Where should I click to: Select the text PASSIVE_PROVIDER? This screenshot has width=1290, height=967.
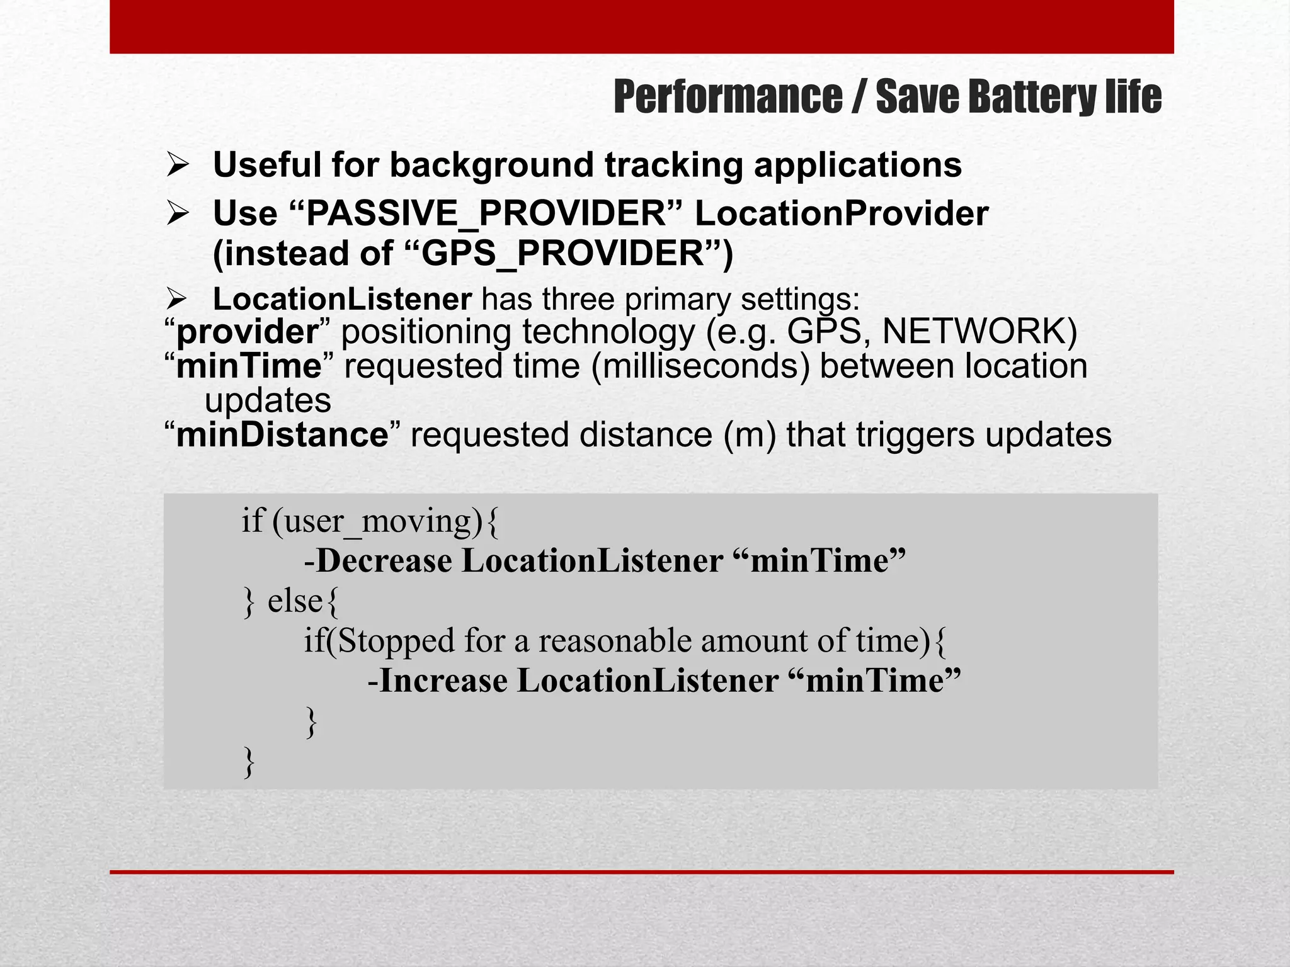486,213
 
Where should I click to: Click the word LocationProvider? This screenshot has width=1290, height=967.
841,213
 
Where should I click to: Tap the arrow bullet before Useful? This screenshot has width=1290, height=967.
178,166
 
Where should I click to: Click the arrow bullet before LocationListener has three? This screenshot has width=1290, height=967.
178,299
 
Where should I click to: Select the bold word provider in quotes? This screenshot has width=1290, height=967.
248,332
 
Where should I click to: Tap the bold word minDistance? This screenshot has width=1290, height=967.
282,435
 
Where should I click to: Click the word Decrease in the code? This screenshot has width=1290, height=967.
384,560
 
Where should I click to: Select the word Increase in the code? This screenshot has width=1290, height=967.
443,681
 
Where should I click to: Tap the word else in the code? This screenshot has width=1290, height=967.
295,601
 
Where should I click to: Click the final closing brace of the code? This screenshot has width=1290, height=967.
249,762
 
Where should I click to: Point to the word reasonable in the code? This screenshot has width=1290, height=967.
614,641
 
